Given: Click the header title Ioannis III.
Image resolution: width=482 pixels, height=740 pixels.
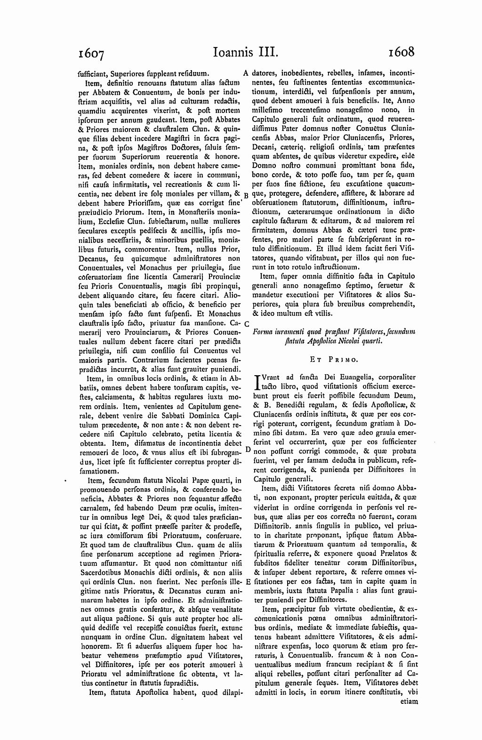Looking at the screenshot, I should coord(246,51).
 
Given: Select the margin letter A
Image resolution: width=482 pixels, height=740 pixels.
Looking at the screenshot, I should coord(246,73).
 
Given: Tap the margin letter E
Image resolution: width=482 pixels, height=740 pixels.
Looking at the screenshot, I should coord(248,582).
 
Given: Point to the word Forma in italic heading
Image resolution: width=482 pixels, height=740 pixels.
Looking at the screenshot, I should coord(264,332).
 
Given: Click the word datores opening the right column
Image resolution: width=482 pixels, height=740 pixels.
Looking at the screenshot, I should coord(265,73).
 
